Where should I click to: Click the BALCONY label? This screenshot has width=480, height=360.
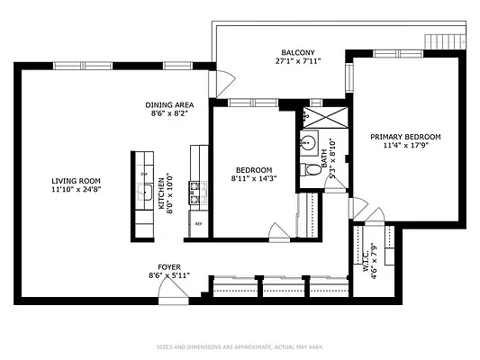tap(299, 51)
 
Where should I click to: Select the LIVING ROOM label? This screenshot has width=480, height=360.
tap(76, 180)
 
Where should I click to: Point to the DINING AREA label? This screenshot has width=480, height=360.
tap(169, 104)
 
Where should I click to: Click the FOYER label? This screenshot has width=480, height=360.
tap(169, 266)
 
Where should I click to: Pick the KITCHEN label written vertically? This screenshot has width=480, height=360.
tap(162, 193)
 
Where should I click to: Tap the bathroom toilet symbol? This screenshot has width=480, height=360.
tap(312, 166)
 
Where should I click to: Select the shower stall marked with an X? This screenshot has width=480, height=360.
tap(317, 117)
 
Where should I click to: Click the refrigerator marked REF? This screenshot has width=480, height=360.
tap(197, 223)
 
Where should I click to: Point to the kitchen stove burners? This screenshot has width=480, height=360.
tap(194, 191)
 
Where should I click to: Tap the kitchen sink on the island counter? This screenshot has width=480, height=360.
tap(143, 191)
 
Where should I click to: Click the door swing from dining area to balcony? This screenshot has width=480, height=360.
tap(219, 84)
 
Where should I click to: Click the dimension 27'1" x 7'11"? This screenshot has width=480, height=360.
tap(299, 60)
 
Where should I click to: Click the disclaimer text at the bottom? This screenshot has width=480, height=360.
tap(240, 346)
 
